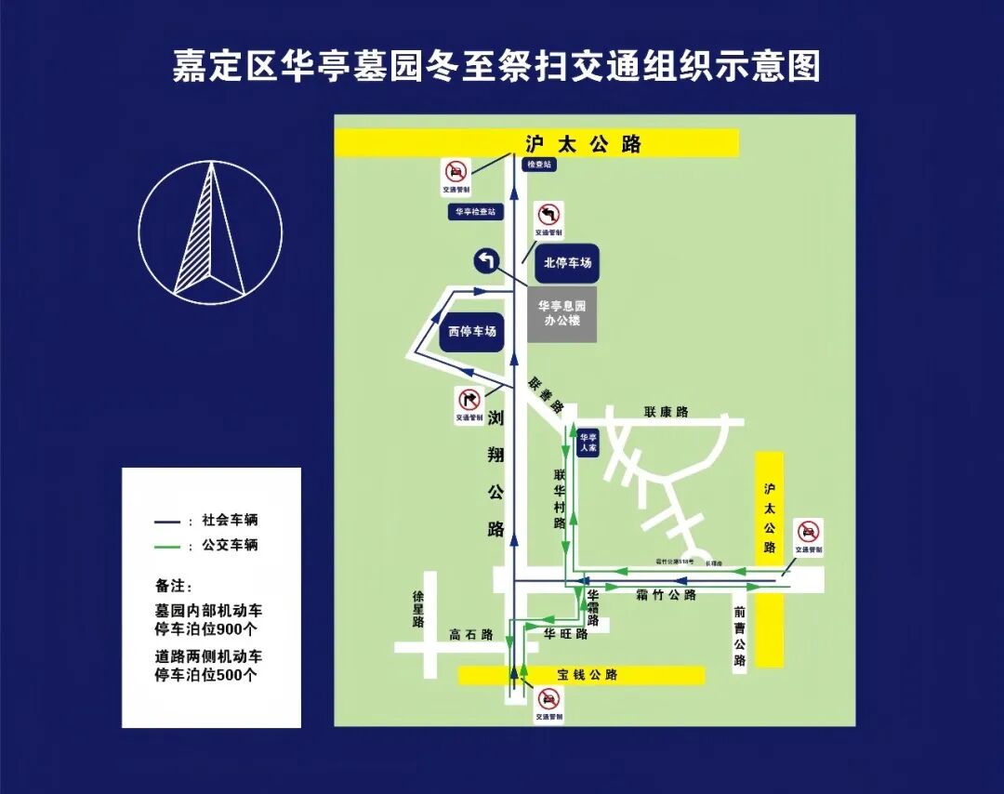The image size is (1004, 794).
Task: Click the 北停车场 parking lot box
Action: [x=567, y=263]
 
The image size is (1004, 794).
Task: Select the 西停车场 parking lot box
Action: [x=471, y=331]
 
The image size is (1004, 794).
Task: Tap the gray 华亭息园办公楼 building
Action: [x=561, y=312]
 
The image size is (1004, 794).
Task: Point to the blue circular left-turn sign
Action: [x=486, y=261]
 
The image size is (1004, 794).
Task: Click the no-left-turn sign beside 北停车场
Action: [x=548, y=216]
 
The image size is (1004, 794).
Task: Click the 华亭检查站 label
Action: [x=474, y=212]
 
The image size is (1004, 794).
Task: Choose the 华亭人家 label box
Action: [x=587, y=442]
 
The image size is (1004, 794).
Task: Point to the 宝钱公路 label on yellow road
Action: [x=588, y=674]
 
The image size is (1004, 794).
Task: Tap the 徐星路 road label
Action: [x=418, y=608]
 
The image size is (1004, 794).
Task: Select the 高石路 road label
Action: [x=469, y=634]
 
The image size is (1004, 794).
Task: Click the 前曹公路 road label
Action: [x=739, y=636]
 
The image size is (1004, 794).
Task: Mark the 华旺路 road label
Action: [x=565, y=634]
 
